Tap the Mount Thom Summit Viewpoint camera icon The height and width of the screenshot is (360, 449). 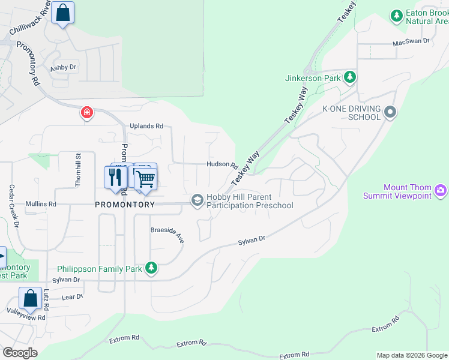[x=441, y=191]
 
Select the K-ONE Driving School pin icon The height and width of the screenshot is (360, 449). [x=391, y=112]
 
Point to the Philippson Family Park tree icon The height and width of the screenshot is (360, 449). [x=152, y=268]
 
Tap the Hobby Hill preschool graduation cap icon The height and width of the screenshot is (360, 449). [x=197, y=200]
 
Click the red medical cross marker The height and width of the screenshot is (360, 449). [x=87, y=113]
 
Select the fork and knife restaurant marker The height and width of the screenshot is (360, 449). [x=115, y=178]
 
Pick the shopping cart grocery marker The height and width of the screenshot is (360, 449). [x=145, y=178]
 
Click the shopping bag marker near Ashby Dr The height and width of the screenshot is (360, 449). [x=62, y=13]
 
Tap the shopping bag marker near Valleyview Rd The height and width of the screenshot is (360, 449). [x=30, y=299]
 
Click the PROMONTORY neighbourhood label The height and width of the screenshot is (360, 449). [x=125, y=205]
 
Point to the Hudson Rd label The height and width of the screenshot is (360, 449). [x=218, y=164]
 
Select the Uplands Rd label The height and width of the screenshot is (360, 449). [x=146, y=127]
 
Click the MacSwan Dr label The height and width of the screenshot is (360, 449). [x=411, y=41]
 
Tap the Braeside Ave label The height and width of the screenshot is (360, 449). [x=167, y=235]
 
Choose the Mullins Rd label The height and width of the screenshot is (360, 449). [x=41, y=205]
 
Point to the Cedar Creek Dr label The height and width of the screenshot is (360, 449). [x=13, y=206]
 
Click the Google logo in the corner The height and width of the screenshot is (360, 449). [x=20, y=353]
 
